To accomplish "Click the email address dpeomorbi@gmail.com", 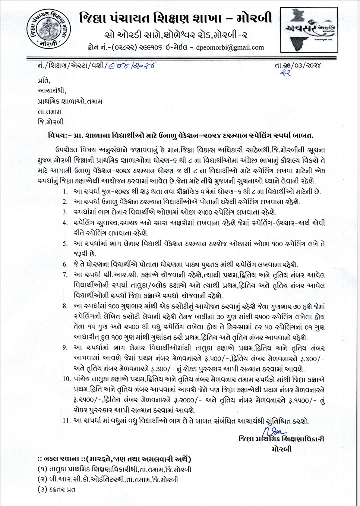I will tap(230, 47).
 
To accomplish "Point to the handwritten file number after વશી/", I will tap(132, 66).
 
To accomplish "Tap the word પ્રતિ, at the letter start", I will tap(44, 81).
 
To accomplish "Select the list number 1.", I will tap(65, 192).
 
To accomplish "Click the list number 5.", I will tap(65, 244).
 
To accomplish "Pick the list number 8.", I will tap(65, 306).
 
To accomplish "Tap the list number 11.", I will tap(67, 421).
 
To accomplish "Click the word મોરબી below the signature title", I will tap(281, 449).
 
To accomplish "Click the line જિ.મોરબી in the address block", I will tap(51, 122).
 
